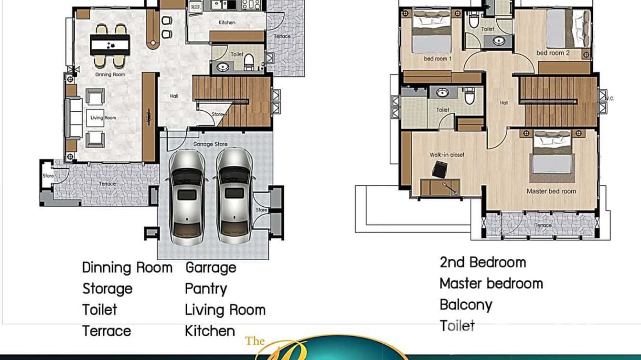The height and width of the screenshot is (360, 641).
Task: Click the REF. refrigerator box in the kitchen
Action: click(x=195, y=7)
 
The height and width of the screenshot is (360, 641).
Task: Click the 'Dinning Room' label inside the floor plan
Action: click(x=109, y=74)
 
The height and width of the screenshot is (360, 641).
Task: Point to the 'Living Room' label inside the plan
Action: click(x=103, y=118)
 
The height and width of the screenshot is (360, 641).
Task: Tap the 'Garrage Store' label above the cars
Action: click(x=210, y=144)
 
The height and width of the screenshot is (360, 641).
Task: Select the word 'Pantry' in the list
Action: click(x=206, y=289)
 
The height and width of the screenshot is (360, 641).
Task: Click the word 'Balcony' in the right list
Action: click(x=466, y=305)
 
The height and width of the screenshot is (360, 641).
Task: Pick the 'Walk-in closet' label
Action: click(x=447, y=155)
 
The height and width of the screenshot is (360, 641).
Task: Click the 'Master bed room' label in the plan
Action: click(x=551, y=191)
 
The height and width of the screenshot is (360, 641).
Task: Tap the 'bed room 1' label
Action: click(x=438, y=59)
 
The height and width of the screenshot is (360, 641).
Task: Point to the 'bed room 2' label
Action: click(x=553, y=53)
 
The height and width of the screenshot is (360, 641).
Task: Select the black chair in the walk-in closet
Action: click(x=438, y=169)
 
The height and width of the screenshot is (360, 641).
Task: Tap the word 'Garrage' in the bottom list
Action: click(x=211, y=267)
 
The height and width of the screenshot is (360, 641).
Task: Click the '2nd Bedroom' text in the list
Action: click(x=482, y=262)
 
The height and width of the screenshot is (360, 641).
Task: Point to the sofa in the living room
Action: click(x=74, y=118)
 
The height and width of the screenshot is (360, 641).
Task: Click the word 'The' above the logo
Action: click(x=255, y=340)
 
